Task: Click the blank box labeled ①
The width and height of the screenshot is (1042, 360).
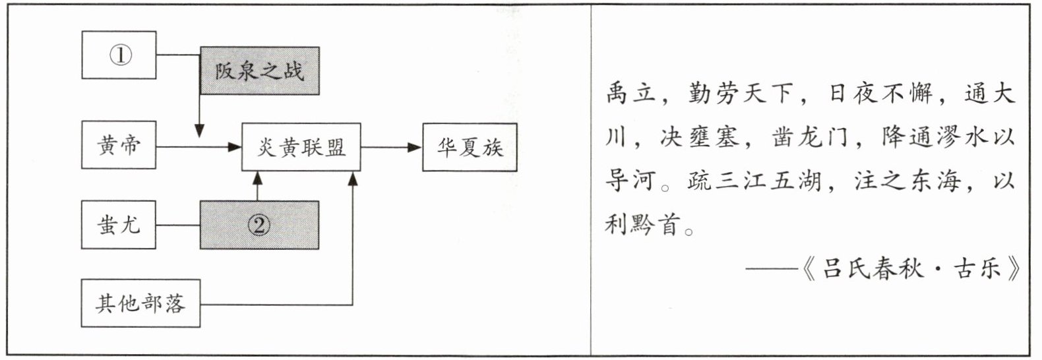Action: (x=119, y=55)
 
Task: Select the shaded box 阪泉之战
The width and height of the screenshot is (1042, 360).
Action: (x=259, y=71)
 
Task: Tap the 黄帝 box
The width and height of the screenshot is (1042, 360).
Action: (x=119, y=145)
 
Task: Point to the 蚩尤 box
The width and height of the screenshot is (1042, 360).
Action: (x=119, y=225)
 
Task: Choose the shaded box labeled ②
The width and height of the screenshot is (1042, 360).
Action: (x=259, y=225)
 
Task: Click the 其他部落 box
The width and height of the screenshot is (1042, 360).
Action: (x=140, y=303)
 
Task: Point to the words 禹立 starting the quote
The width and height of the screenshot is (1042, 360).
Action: (x=631, y=95)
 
